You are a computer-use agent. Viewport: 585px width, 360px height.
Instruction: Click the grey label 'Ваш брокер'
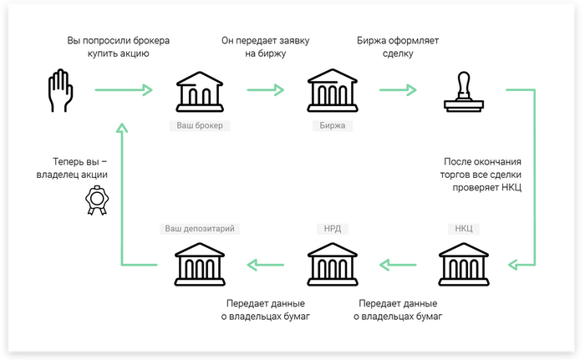(x=199, y=126)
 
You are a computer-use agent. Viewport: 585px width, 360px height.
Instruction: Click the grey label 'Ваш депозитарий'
(x=199, y=228)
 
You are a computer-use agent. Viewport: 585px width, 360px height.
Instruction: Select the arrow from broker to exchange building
(x=266, y=89)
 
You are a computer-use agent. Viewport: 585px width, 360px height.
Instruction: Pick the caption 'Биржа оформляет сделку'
(x=395, y=47)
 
